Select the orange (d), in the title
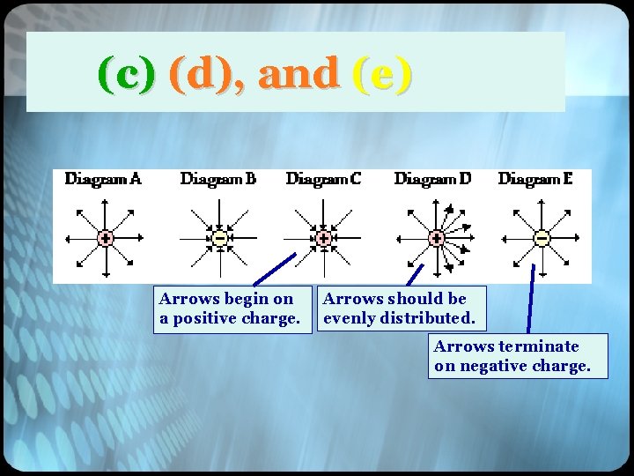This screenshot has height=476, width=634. [207, 74]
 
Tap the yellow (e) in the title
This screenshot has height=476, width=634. [381, 74]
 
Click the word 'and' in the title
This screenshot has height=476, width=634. [299, 74]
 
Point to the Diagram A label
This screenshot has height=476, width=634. [103, 179]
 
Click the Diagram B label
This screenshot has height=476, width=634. [218, 179]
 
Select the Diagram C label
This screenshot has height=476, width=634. [323, 179]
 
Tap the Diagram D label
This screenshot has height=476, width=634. [432, 179]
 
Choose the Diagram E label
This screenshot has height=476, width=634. [535, 179]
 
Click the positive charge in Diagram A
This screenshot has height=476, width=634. [104, 238]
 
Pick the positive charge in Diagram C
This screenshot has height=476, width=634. [324, 238]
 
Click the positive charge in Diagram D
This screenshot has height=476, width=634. [435, 238]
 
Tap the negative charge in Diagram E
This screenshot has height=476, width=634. [542, 238]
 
